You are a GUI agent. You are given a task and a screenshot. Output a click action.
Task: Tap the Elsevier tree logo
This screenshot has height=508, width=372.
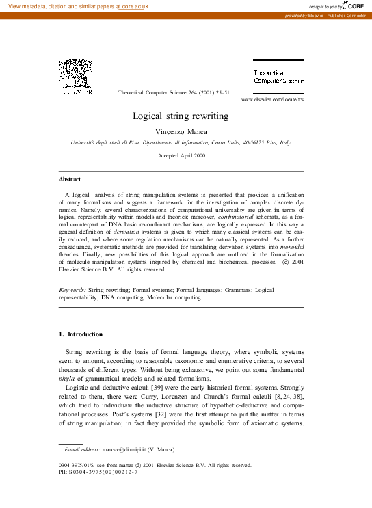point(76,75)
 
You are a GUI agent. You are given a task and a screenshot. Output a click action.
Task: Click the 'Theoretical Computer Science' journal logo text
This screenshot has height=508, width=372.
point(278,77)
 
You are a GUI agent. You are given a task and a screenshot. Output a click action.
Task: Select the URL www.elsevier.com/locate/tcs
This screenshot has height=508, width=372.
point(272,100)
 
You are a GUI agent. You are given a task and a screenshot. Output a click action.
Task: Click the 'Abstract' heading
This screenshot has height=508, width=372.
point(70,179)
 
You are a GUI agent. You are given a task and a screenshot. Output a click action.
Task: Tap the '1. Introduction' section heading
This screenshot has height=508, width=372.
point(81,334)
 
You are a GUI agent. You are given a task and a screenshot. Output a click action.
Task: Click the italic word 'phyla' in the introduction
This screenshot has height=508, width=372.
point(66,379)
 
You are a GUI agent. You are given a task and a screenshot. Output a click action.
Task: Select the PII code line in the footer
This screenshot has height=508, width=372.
point(98,472)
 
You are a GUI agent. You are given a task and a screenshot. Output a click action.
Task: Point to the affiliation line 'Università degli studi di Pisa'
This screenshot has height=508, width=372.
point(181,142)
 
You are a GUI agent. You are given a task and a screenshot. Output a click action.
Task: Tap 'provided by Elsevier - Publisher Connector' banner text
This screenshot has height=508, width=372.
point(326,15)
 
